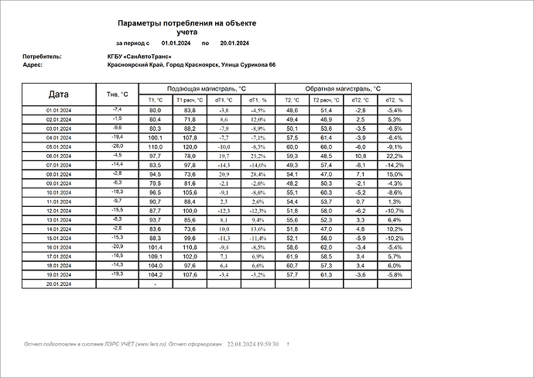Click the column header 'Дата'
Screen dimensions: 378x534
click(58, 94)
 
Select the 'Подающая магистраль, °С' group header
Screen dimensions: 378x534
click(205, 89)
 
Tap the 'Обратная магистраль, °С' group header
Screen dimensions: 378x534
click(342, 89)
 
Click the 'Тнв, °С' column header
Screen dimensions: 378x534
click(117, 94)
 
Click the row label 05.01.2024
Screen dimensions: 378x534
click(58, 146)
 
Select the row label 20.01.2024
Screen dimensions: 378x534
click(58, 284)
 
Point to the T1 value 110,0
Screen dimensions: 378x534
click(155, 146)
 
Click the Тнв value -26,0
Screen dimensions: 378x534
click(117, 146)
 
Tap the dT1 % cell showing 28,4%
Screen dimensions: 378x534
click(257, 174)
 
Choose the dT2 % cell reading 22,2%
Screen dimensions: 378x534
click(395, 156)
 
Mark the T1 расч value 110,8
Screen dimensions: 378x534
click(190, 247)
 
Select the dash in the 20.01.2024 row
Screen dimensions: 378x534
click(155, 284)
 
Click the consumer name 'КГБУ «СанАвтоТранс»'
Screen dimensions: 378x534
click(139, 57)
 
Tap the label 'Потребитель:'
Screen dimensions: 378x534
click(43, 57)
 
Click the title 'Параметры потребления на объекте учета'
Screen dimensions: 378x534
click(187, 27)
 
